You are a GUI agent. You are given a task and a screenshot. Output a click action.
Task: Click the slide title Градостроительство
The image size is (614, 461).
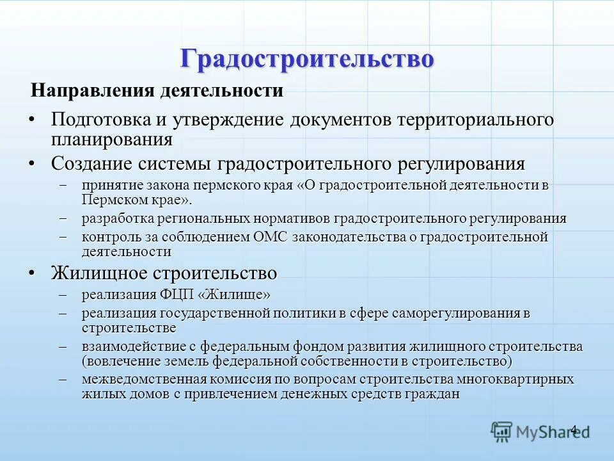coord(307,58)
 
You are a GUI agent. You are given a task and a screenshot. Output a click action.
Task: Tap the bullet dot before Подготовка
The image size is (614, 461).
coord(32,119)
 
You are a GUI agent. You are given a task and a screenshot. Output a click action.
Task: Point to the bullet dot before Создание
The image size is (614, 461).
coord(32,163)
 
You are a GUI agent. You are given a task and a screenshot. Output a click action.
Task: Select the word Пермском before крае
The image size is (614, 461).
coord(111,199)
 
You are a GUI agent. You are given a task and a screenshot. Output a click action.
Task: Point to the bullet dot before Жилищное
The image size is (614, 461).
coord(32,273)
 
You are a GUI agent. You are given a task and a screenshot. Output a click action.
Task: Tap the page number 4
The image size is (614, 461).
coord(574,430)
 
